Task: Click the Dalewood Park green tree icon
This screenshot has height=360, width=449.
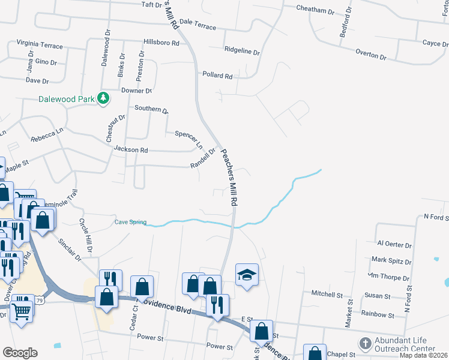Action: pyautogui.click(x=104, y=97)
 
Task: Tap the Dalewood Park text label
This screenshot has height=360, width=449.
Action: pyautogui.click(x=67, y=99)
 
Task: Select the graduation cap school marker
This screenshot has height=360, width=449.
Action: pyautogui.click(x=246, y=275)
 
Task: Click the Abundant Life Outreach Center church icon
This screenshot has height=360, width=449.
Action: pyautogui.click(x=365, y=344)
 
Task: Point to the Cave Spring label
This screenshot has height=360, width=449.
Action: pyautogui.click(x=130, y=222)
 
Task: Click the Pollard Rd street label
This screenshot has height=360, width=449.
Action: pyautogui.click(x=217, y=76)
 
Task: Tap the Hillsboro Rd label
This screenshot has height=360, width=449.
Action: pyautogui.click(x=161, y=43)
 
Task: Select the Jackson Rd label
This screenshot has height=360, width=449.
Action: pyautogui.click(x=135, y=149)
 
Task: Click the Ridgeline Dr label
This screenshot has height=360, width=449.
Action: pyautogui.click(x=242, y=51)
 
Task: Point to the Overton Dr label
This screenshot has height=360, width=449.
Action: pyautogui.click(x=370, y=55)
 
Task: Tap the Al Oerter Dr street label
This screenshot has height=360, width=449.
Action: pyautogui.click(x=394, y=245)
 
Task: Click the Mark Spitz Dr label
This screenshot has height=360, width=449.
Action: pyautogui.click(x=391, y=260)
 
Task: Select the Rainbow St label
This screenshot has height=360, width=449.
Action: pyautogui.click(x=378, y=314)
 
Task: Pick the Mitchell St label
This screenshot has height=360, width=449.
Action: pyautogui.click(x=327, y=294)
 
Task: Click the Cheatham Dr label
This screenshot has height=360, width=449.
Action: pyautogui.click(x=315, y=10)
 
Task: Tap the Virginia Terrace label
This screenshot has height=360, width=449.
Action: pyautogui.click(x=40, y=44)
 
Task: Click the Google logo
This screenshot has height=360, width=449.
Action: pyautogui.click(x=20, y=352)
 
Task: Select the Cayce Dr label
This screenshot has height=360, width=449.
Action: pyautogui.click(x=431, y=43)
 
